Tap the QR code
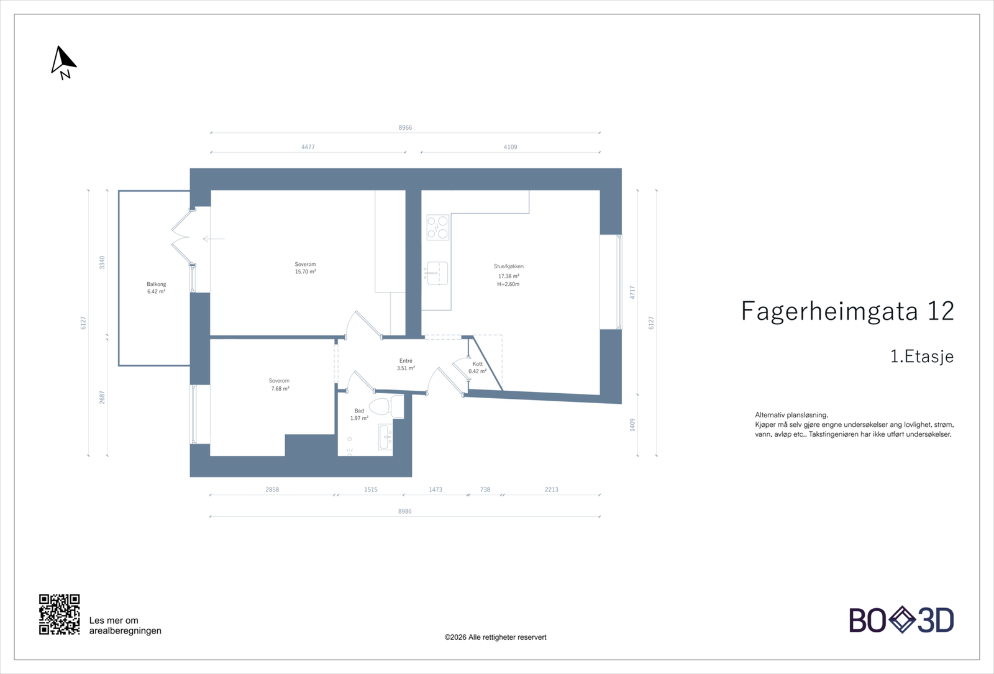(59, 614)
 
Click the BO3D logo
(901, 620)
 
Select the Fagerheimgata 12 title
(847, 311)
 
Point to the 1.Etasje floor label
(921, 357)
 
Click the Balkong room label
(156, 285)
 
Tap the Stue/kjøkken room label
(508, 266)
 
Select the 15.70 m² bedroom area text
(305, 272)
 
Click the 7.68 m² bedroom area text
(280, 389)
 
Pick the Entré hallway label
(406, 361)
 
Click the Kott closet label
(477, 364)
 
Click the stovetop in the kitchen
(437, 227)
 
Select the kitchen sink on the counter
(437, 273)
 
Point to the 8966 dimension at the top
(405, 127)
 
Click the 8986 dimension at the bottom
(404, 511)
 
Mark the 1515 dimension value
(370, 490)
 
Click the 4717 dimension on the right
(632, 292)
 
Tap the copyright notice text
(495, 637)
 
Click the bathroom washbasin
(384, 437)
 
